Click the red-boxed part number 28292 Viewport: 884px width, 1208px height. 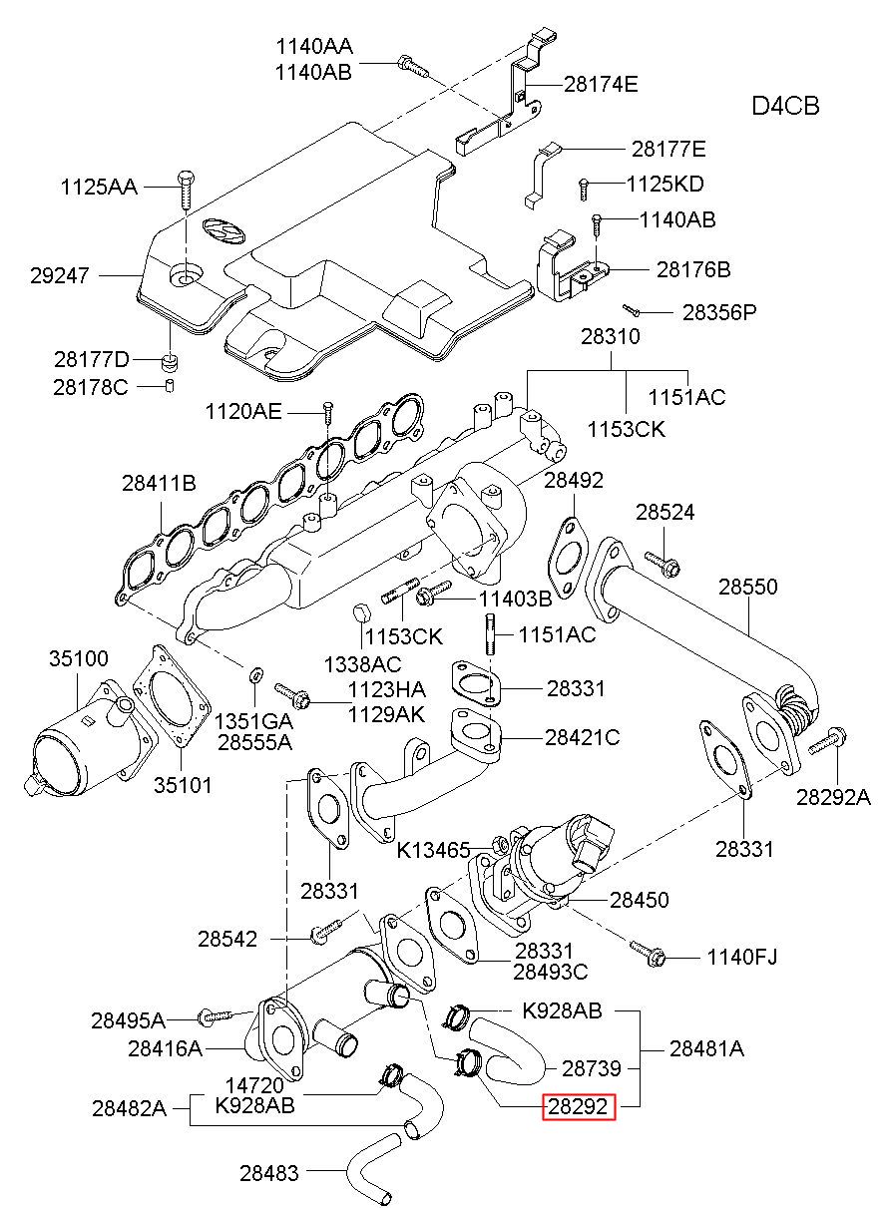click(x=578, y=1107)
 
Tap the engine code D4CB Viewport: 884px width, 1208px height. click(x=785, y=106)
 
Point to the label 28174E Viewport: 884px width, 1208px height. click(x=600, y=84)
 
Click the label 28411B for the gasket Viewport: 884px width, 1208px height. click(x=160, y=484)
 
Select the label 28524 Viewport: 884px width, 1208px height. click(x=665, y=513)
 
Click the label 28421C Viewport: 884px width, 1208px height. click(x=583, y=737)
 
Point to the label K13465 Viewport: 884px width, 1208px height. click(x=433, y=850)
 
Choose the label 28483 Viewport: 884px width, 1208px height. click(x=268, y=1173)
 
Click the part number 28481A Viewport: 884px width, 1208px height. click(x=706, y=1047)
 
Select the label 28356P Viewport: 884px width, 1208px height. click(x=719, y=312)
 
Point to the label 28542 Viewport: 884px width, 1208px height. click(x=227, y=938)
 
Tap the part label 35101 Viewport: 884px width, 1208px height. click(x=183, y=784)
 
